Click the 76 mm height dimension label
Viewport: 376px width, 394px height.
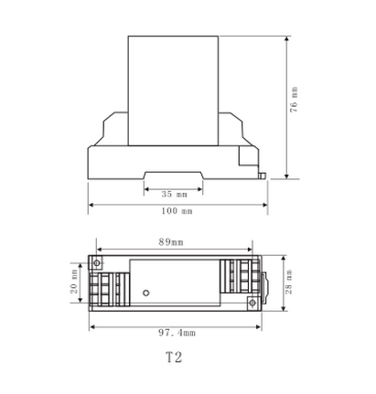[294, 100]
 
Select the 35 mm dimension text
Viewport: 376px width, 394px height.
[174, 194]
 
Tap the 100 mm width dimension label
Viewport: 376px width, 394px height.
[177, 211]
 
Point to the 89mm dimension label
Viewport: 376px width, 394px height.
[171, 242]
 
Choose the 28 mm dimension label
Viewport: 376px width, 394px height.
[288, 282]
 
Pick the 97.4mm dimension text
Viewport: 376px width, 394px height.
[177, 333]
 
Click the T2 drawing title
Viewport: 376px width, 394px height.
[174, 357]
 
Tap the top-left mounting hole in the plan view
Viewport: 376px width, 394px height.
[97, 262]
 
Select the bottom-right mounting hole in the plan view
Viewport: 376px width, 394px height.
[252, 303]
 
